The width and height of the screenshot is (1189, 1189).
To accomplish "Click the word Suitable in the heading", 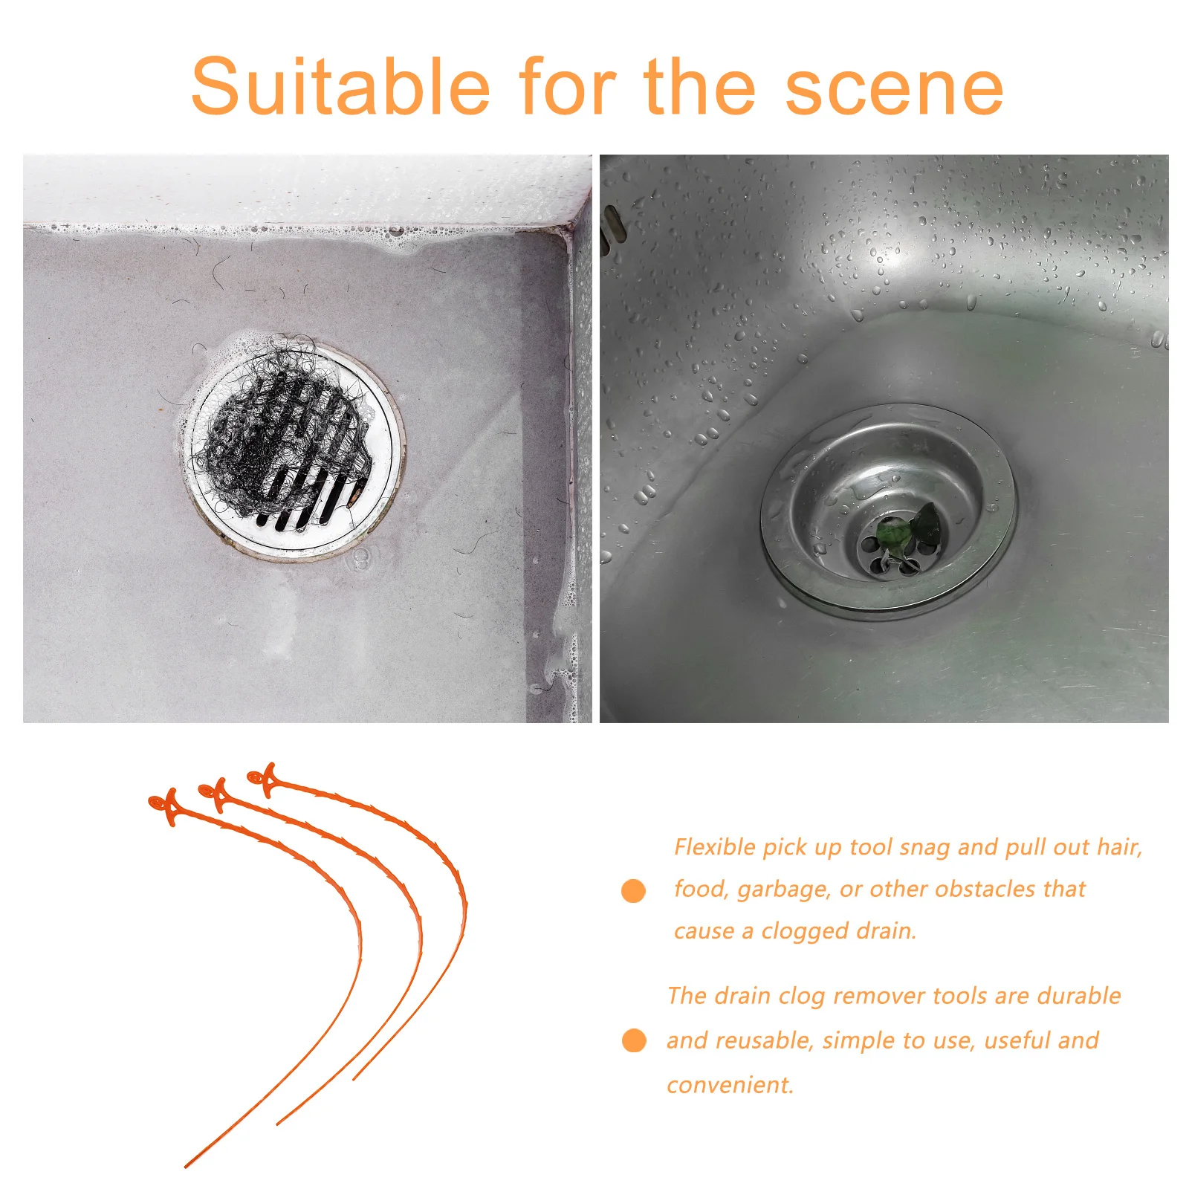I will tap(340, 87).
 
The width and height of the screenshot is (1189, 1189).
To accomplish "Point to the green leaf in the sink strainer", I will tap(908, 529).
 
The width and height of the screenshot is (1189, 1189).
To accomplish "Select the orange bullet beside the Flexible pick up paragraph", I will tap(633, 890).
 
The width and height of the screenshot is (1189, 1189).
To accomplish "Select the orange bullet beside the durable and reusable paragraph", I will tap(633, 1040).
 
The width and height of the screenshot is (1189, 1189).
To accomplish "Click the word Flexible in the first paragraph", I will tap(714, 847).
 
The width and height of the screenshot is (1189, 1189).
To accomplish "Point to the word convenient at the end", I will tap(730, 1085).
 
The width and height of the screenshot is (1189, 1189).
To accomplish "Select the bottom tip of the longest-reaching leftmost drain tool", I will tap(187, 1166).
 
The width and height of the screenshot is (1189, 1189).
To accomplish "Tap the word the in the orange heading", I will tap(699, 87).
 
